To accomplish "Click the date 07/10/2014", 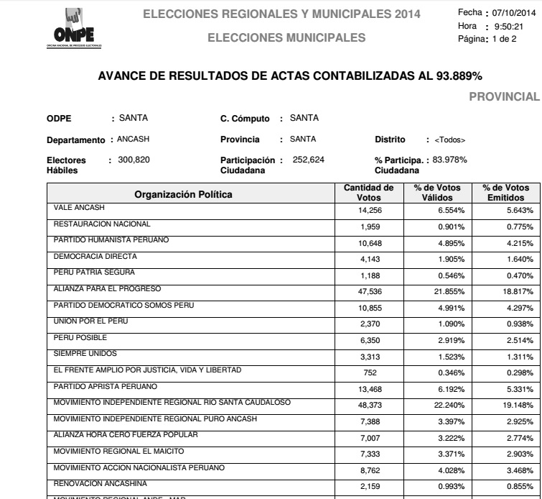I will (x=511, y=13).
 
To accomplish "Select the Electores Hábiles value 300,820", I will (x=134, y=159).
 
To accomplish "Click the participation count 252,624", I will (x=309, y=159).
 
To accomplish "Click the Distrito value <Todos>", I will (x=445, y=139).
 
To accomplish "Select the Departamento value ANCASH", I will (x=132, y=139).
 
